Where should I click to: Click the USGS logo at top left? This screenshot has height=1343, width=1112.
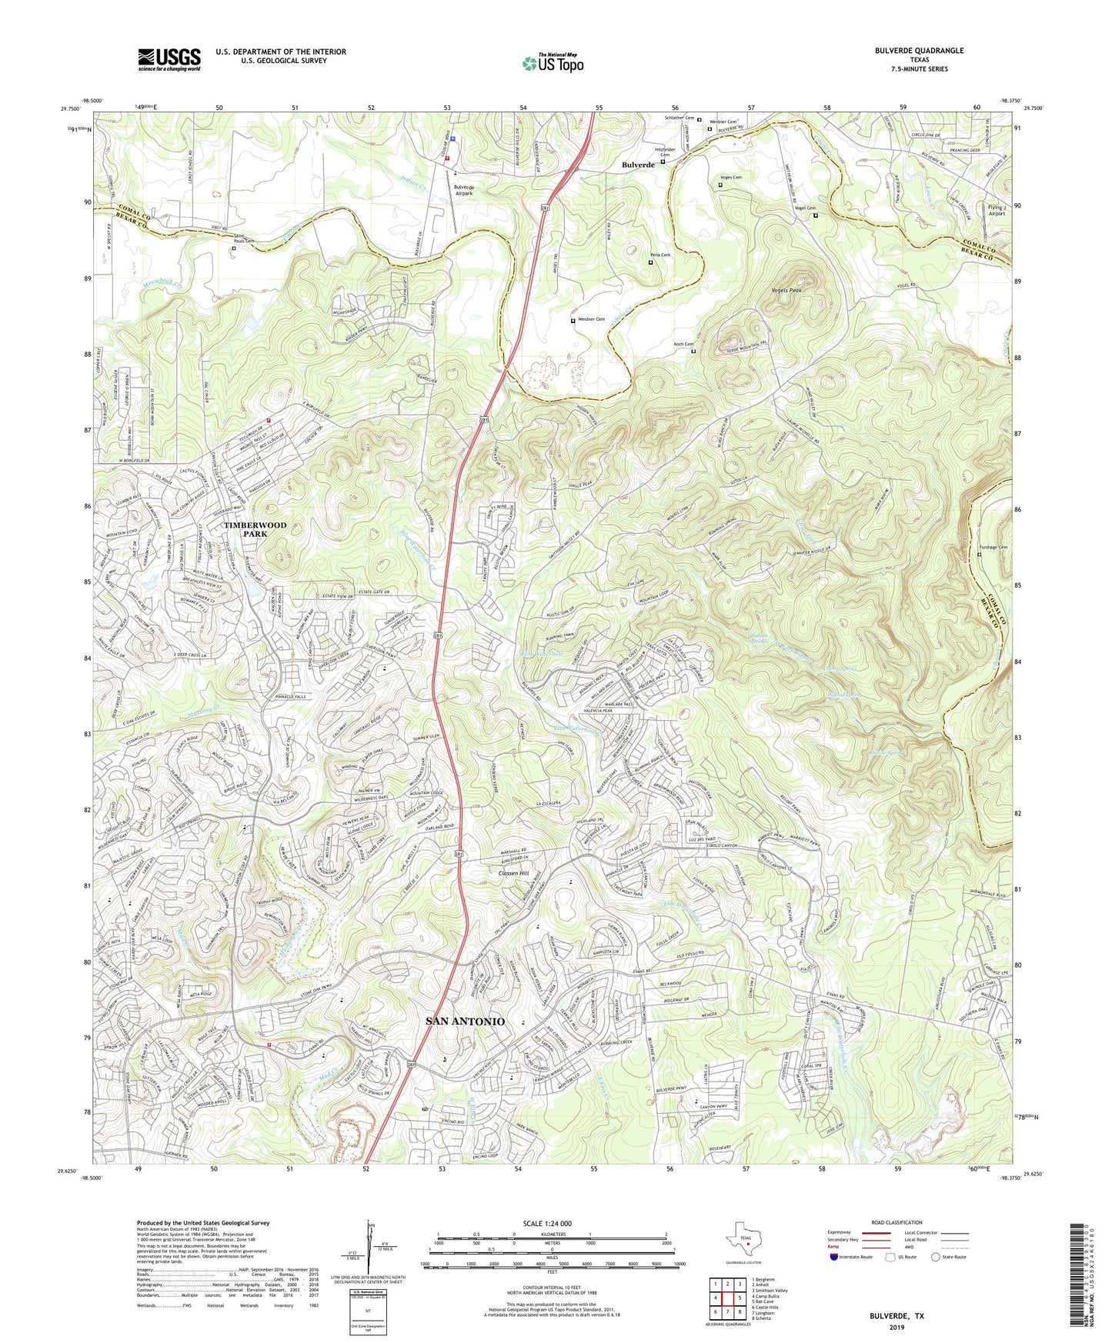(x=169, y=58)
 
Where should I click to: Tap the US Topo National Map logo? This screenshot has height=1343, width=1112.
(x=552, y=62)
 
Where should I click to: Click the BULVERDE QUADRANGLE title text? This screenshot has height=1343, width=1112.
(x=919, y=51)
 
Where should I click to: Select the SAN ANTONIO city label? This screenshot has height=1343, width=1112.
(x=466, y=1021)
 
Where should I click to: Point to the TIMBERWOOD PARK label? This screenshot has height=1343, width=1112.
(x=255, y=529)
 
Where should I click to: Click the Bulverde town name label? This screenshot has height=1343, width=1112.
(x=638, y=165)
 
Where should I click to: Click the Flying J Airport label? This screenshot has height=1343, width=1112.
(x=997, y=211)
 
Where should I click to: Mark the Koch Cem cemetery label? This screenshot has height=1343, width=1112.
(x=683, y=344)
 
